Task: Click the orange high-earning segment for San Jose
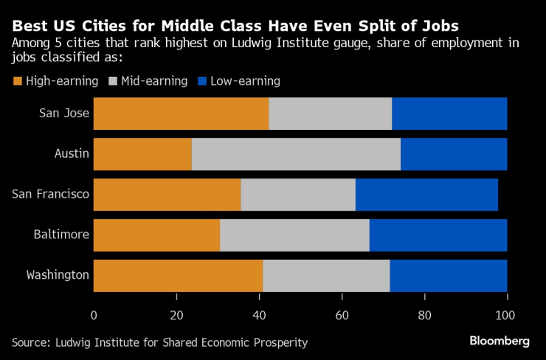(x=181, y=114)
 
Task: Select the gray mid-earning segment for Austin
(x=296, y=153)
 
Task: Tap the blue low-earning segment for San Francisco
(x=426, y=194)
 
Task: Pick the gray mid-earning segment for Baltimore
(x=294, y=235)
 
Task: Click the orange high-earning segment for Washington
(x=178, y=275)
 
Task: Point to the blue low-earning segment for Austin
(x=454, y=153)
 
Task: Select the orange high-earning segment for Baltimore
(x=156, y=235)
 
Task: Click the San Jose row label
(x=65, y=114)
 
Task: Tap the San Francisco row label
(x=51, y=194)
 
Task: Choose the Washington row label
(x=58, y=275)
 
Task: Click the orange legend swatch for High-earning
(x=17, y=81)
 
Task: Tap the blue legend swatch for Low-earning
(x=204, y=81)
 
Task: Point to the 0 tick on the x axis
(x=94, y=316)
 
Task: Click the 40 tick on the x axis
(x=259, y=316)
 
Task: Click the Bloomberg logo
(x=500, y=341)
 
